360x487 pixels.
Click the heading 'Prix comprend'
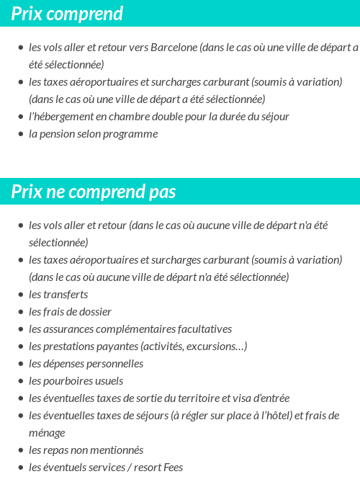point(67,14)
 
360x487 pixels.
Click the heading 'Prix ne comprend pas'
point(94,192)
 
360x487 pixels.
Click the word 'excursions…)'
point(217,347)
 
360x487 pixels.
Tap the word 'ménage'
point(47,433)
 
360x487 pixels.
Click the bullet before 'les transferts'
point(21,295)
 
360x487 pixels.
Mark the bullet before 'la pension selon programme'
point(21,134)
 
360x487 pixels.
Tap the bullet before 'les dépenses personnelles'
point(21,364)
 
